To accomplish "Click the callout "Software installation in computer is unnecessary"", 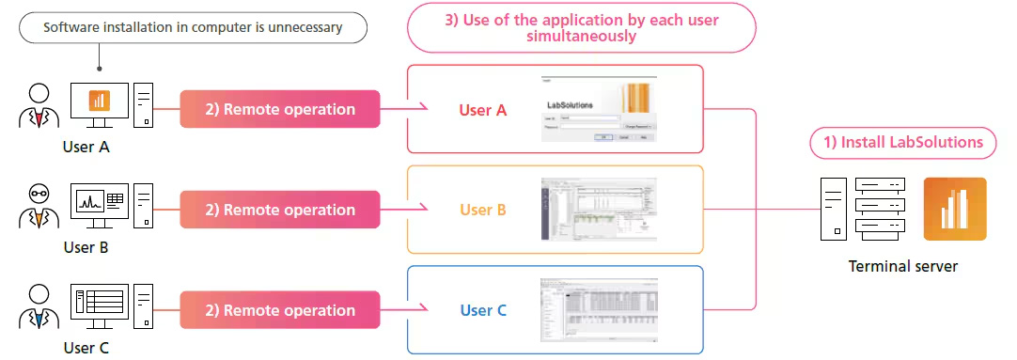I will [x=193, y=27].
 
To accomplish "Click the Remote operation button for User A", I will [x=279, y=109].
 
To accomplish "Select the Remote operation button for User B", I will [x=279, y=210].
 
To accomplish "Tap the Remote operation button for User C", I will [x=279, y=310].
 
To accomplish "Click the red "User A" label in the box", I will [x=482, y=110].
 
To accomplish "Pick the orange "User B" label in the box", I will [x=483, y=210].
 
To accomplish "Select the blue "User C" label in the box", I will [x=483, y=310].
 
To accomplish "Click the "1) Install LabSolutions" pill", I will [x=902, y=143].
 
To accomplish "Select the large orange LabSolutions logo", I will [x=955, y=210].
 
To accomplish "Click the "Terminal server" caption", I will [x=902, y=266].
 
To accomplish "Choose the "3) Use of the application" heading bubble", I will [x=581, y=27].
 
